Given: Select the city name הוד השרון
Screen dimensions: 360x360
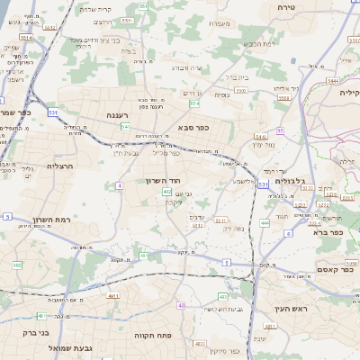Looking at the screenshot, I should tap(165, 181).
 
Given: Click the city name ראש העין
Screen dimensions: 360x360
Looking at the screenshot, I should tap(292, 309).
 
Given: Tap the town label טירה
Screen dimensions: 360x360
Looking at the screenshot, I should tap(312, 7).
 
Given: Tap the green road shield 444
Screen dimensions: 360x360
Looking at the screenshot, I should tap(265, 222).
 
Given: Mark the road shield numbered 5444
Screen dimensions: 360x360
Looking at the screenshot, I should tap(333, 80).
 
